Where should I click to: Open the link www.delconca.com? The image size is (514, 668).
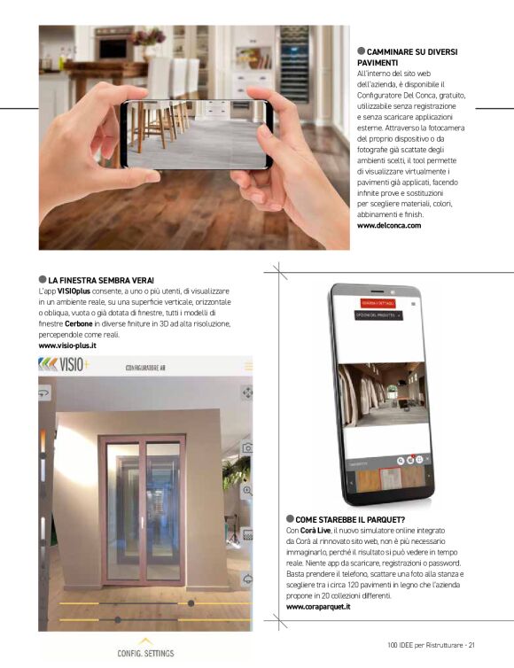pos(388,226)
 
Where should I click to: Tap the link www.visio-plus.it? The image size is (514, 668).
pos(67,346)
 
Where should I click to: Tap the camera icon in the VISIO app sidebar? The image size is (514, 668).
pos(247,448)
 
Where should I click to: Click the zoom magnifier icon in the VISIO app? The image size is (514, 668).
pos(247,490)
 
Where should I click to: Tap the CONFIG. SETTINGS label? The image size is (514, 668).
pos(145,653)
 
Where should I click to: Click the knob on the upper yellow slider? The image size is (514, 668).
pos(191,603)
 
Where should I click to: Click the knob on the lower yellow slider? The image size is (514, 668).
pos(118,619)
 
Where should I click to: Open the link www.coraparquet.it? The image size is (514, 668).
pos(318,607)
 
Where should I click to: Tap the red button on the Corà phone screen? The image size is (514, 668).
pos(378,303)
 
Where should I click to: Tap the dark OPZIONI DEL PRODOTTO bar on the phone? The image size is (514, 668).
pos(378,315)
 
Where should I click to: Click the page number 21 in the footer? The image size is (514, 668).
pos(471,644)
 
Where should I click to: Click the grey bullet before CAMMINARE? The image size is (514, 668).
pos(361,51)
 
